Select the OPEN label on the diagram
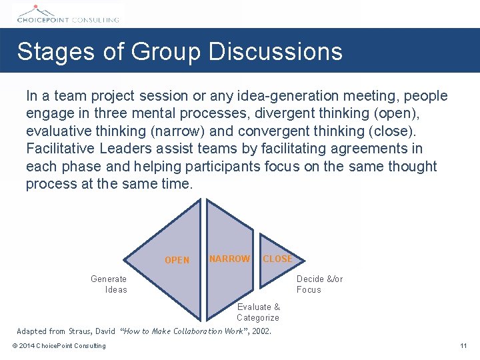[x=177, y=260]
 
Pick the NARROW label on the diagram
[x=229, y=259]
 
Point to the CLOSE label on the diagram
[x=277, y=259]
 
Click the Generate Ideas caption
[x=109, y=284]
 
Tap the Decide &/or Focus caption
[x=319, y=284]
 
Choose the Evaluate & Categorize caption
[x=258, y=312]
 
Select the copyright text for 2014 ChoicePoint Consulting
[x=59, y=345]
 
